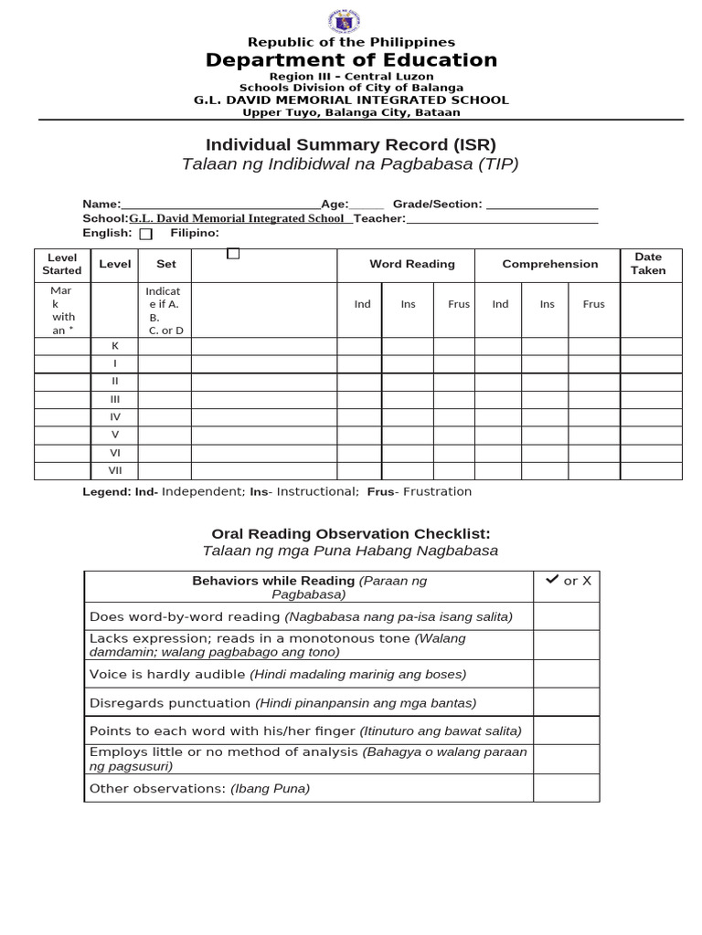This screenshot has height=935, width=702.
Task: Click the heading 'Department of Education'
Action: click(351, 60)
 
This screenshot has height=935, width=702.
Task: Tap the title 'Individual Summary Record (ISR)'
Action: click(351, 144)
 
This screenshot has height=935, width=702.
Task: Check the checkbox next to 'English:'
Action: click(146, 234)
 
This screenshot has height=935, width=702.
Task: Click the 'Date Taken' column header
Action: click(648, 264)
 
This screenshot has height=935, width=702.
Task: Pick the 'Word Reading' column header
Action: click(411, 264)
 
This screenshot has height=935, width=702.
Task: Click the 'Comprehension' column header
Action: click(549, 264)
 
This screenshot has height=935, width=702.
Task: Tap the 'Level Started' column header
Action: click(61, 264)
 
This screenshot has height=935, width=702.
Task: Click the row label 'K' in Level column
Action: click(115, 346)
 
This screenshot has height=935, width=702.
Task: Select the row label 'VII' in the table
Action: click(115, 470)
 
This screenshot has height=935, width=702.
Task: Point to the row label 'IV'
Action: click(115, 416)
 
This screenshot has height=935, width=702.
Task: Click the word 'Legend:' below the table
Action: click(107, 491)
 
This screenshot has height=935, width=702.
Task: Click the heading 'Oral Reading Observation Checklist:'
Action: click(351, 533)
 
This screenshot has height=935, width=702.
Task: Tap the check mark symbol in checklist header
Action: click(552, 580)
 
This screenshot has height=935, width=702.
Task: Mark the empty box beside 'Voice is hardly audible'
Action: click(566, 674)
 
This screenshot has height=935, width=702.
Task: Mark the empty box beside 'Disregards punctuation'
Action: click(566, 703)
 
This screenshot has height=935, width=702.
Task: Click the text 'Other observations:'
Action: click(157, 789)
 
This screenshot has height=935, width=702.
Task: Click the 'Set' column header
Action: click(165, 264)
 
